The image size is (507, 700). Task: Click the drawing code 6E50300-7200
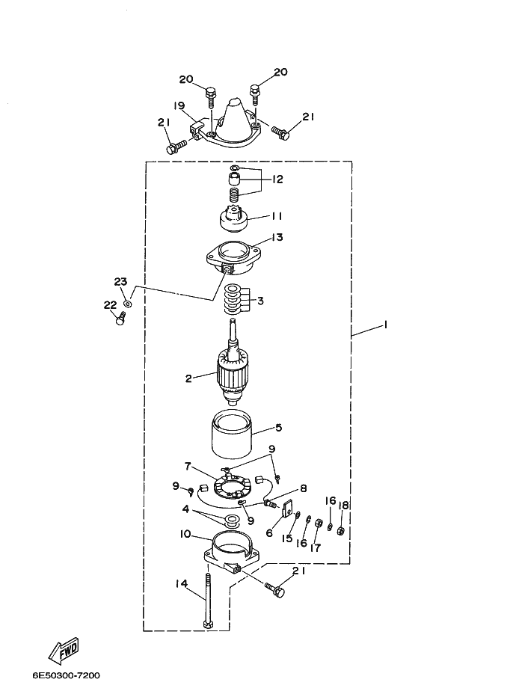point(66,675)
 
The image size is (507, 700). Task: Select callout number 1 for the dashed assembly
point(385,325)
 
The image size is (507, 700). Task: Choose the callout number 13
point(277,237)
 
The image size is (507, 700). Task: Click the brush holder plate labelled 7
point(230,487)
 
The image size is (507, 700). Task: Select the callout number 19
point(179,105)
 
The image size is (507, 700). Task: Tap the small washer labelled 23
point(128,304)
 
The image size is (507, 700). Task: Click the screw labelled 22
point(120,319)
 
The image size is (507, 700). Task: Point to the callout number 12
point(277,179)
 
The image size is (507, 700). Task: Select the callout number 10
point(185,534)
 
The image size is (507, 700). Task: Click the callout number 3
point(260,301)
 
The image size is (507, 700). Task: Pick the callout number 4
point(185,509)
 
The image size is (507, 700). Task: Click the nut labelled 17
point(316,523)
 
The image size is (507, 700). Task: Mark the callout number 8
point(304,488)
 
